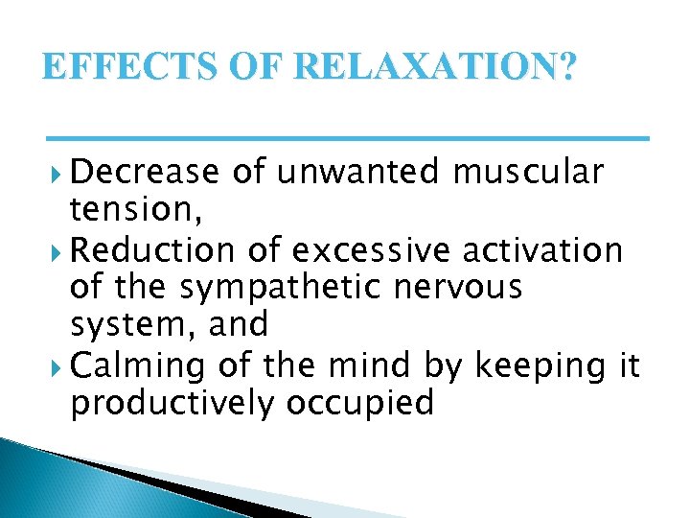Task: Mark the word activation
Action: pos(543,250)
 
